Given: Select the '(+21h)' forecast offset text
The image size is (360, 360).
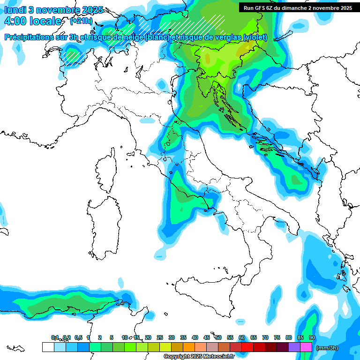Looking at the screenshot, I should [81, 21].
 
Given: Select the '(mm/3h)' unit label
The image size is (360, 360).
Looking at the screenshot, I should [327, 348].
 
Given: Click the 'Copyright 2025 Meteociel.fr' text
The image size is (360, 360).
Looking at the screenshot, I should [199, 357].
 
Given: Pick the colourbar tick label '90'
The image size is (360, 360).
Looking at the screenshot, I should [312, 338].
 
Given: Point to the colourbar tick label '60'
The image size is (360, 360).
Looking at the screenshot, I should [242, 338].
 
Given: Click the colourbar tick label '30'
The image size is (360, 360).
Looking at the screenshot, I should [172, 338].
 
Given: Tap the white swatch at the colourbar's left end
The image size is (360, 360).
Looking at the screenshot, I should [48, 347].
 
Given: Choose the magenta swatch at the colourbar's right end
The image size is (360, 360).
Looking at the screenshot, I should [306, 347].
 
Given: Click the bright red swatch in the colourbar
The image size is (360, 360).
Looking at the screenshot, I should [247, 347].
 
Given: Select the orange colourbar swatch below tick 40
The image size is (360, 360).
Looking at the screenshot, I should [189, 347].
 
